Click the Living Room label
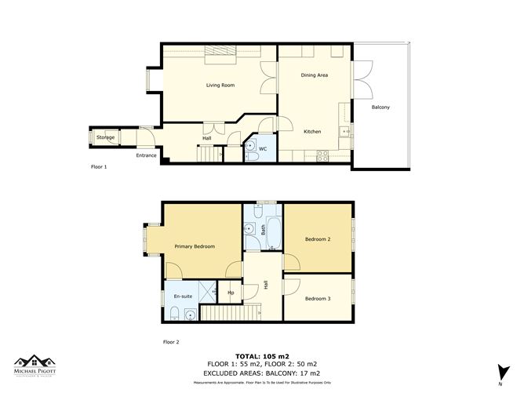point(220,85)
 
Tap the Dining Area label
point(314,75)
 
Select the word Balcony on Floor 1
point(380,107)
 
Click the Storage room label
point(105,138)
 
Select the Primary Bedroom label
point(195,246)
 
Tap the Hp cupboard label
point(231,293)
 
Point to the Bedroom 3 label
point(318,299)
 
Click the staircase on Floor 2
point(230,314)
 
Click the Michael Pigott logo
point(36,366)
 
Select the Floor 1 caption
point(99,167)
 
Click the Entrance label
point(147,155)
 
